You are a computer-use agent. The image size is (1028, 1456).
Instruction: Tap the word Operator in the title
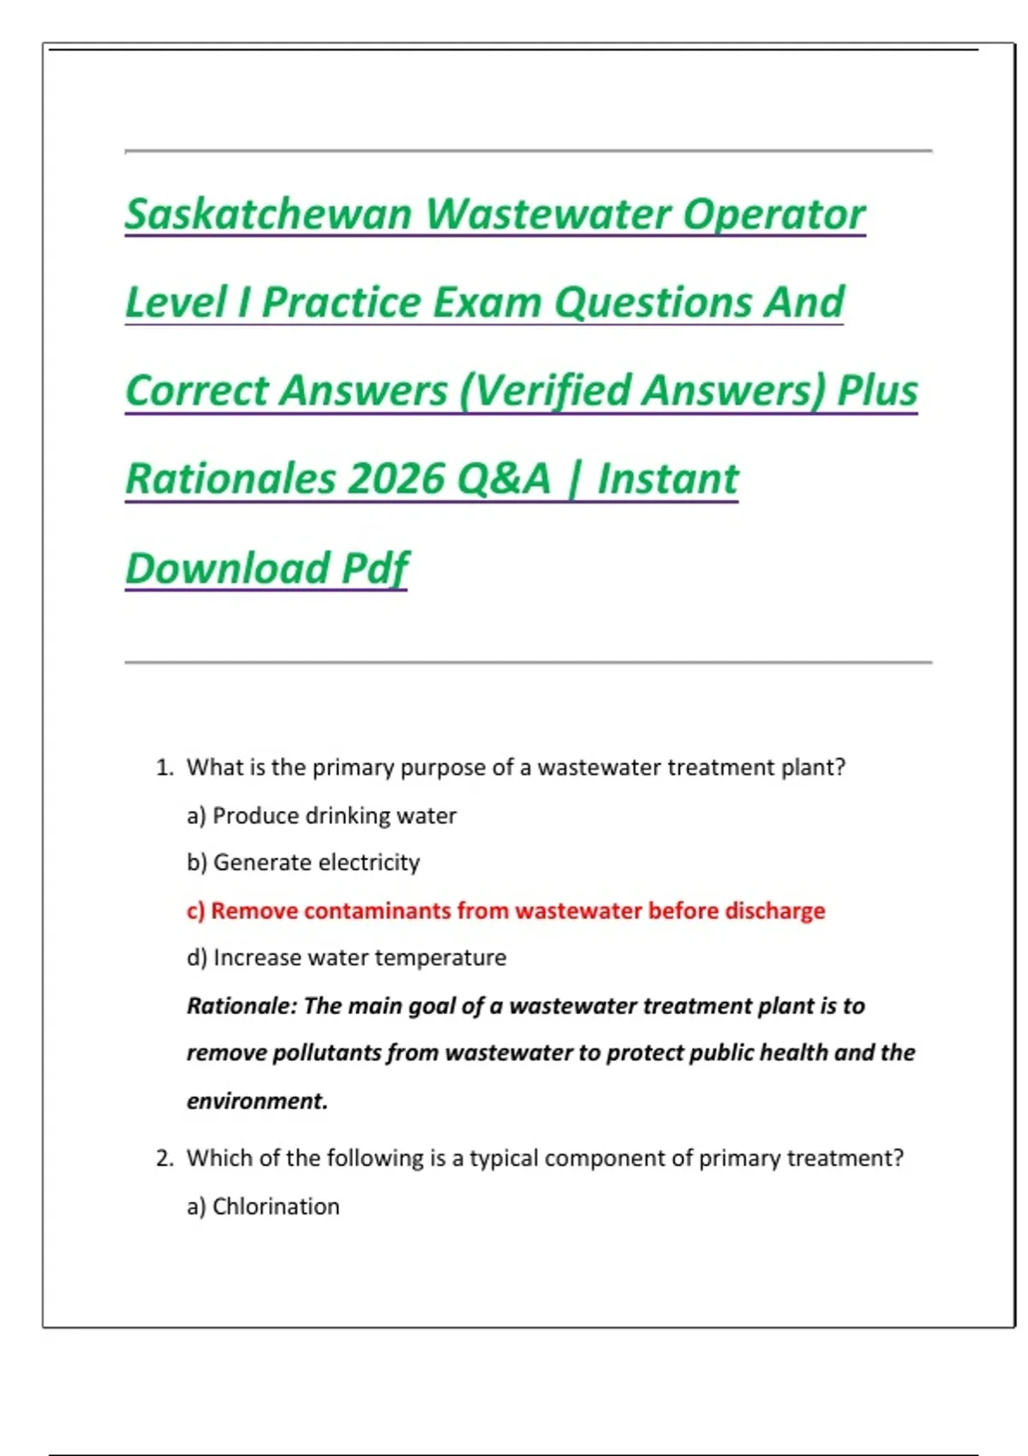click(774, 214)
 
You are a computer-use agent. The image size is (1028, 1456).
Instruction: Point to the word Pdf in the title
click(375, 568)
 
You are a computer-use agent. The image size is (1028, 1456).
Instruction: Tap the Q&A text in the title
click(504, 479)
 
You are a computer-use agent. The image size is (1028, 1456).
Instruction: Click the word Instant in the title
click(667, 479)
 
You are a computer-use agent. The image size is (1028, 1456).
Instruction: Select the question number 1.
click(164, 767)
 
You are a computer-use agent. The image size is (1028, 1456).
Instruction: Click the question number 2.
click(164, 1159)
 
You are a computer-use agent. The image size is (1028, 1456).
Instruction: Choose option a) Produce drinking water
click(321, 815)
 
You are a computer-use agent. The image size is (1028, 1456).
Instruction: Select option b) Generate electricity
click(303, 862)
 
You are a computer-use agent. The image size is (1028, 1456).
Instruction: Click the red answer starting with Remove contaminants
click(505, 910)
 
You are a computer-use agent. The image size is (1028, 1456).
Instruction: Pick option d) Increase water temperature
click(346, 958)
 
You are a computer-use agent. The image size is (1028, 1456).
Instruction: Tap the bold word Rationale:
click(242, 1005)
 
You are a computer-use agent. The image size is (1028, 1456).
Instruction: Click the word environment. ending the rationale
click(257, 1101)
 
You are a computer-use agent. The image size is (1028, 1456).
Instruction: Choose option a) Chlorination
click(263, 1207)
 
